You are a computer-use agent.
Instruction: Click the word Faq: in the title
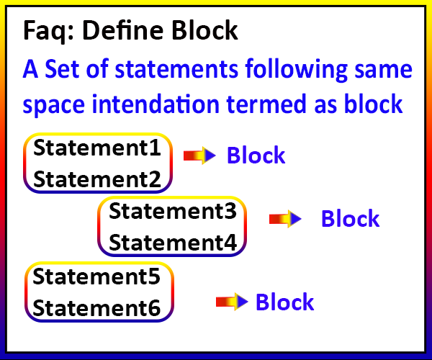[x=48, y=32]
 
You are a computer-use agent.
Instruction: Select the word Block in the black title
[x=204, y=30]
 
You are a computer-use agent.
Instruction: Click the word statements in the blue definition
[x=176, y=69]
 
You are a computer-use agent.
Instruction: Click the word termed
[x=266, y=104]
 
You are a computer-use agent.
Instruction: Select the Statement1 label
[x=97, y=148]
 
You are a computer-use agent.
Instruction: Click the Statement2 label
[x=97, y=179]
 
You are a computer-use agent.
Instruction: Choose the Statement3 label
[x=173, y=211]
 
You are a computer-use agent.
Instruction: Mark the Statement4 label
[x=173, y=243]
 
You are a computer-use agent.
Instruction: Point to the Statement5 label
[x=96, y=276]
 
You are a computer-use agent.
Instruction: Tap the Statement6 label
[x=96, y=308]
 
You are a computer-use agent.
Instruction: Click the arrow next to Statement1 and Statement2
[x=199, y=156]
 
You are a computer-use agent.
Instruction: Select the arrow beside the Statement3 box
[x=285, y=219]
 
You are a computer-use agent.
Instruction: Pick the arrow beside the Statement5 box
[x=232, y=302]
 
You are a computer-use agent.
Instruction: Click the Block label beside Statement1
[x=256, y=155]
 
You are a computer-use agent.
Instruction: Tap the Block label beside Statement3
[x=351, y=218]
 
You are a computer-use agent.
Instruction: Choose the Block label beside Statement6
[x=285, y=302]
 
